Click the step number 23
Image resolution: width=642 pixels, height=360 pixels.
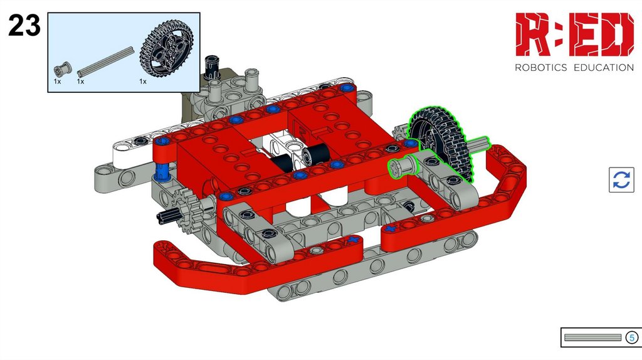point(24,25)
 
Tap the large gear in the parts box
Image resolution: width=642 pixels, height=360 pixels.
point(166,49)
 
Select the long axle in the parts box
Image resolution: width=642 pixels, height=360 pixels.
point(105,62)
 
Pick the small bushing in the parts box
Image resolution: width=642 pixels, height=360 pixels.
point(63,69)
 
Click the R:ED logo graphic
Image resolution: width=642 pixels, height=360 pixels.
point(574,34)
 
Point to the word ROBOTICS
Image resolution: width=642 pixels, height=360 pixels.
point(540,68)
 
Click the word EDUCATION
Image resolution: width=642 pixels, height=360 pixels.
point(604,68)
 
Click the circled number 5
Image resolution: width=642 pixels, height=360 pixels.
point(631,337)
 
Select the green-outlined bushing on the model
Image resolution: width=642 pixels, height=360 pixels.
point(403,167)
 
